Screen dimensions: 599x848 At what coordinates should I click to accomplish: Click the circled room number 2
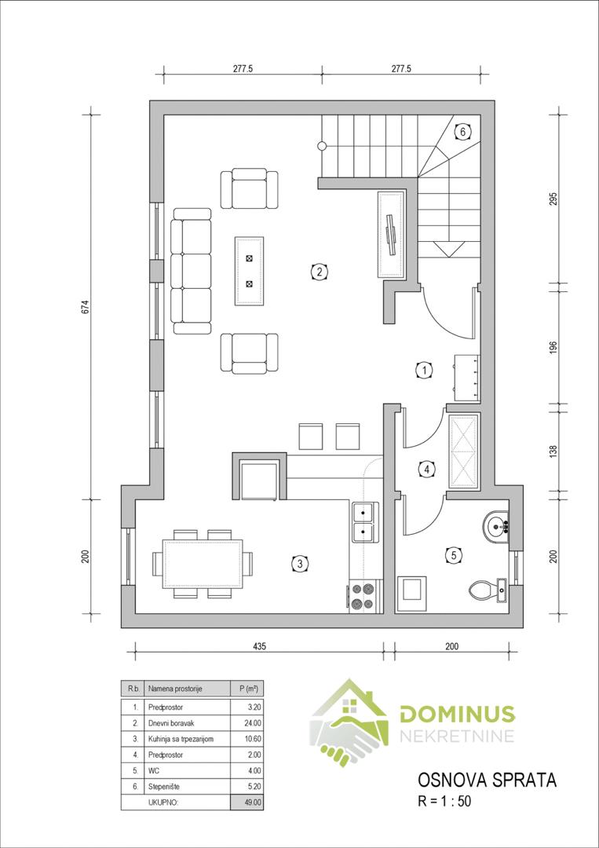click(x=320, y=272)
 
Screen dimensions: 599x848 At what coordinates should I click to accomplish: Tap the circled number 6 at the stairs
click(x=462, y=131)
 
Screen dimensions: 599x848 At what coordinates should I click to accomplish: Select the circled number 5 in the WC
click(x=453, y=554)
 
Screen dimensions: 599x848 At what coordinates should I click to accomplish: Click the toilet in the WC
click(x=488, y=590)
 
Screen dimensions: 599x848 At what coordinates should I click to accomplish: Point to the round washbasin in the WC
click(x=495, y=525)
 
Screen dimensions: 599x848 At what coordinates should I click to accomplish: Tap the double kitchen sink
click(x=365, y=522)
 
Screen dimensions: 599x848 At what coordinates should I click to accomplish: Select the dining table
click(x=203, y=564)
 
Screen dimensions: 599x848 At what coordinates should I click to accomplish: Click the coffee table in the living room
click(x=249, y=270)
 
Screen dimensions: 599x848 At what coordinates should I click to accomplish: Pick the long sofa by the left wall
click(x=191, y=272)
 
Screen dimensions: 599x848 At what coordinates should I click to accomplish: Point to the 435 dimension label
click(x=261, y=645)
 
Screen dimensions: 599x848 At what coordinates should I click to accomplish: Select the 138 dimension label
click(x=553, y=451)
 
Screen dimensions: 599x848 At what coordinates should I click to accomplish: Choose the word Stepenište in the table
click(x=163, y=786)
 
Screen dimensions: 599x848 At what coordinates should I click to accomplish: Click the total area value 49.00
click(x=253, y=802)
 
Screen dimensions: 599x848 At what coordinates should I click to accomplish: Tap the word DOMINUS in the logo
click(x=458, y=715)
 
